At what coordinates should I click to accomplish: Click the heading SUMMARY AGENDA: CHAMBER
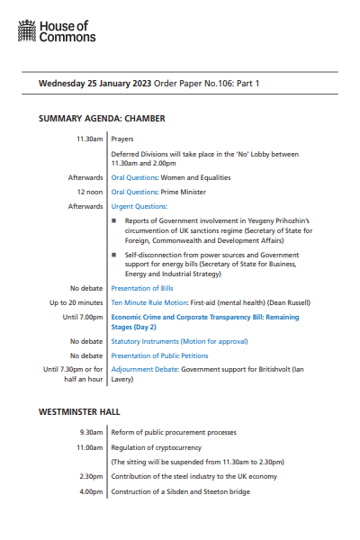pyautogui.click(x=101, y=119)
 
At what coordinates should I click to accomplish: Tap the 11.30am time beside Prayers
pyautogui.click(x=90, y=140)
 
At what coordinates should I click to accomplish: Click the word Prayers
pyautogui.click(x=122, y=140)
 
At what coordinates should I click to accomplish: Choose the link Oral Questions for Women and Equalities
pyautogui.click(x=135, y=178)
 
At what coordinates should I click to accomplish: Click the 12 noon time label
pyautogui.click(x=90, y=192)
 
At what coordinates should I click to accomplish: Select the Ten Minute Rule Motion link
pyautogui.click(x=150, y=303)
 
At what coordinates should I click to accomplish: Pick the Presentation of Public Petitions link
pyautogui.click(x=158, y=355)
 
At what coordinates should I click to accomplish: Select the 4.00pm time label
pyautogui.click(x=91, y=491)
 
